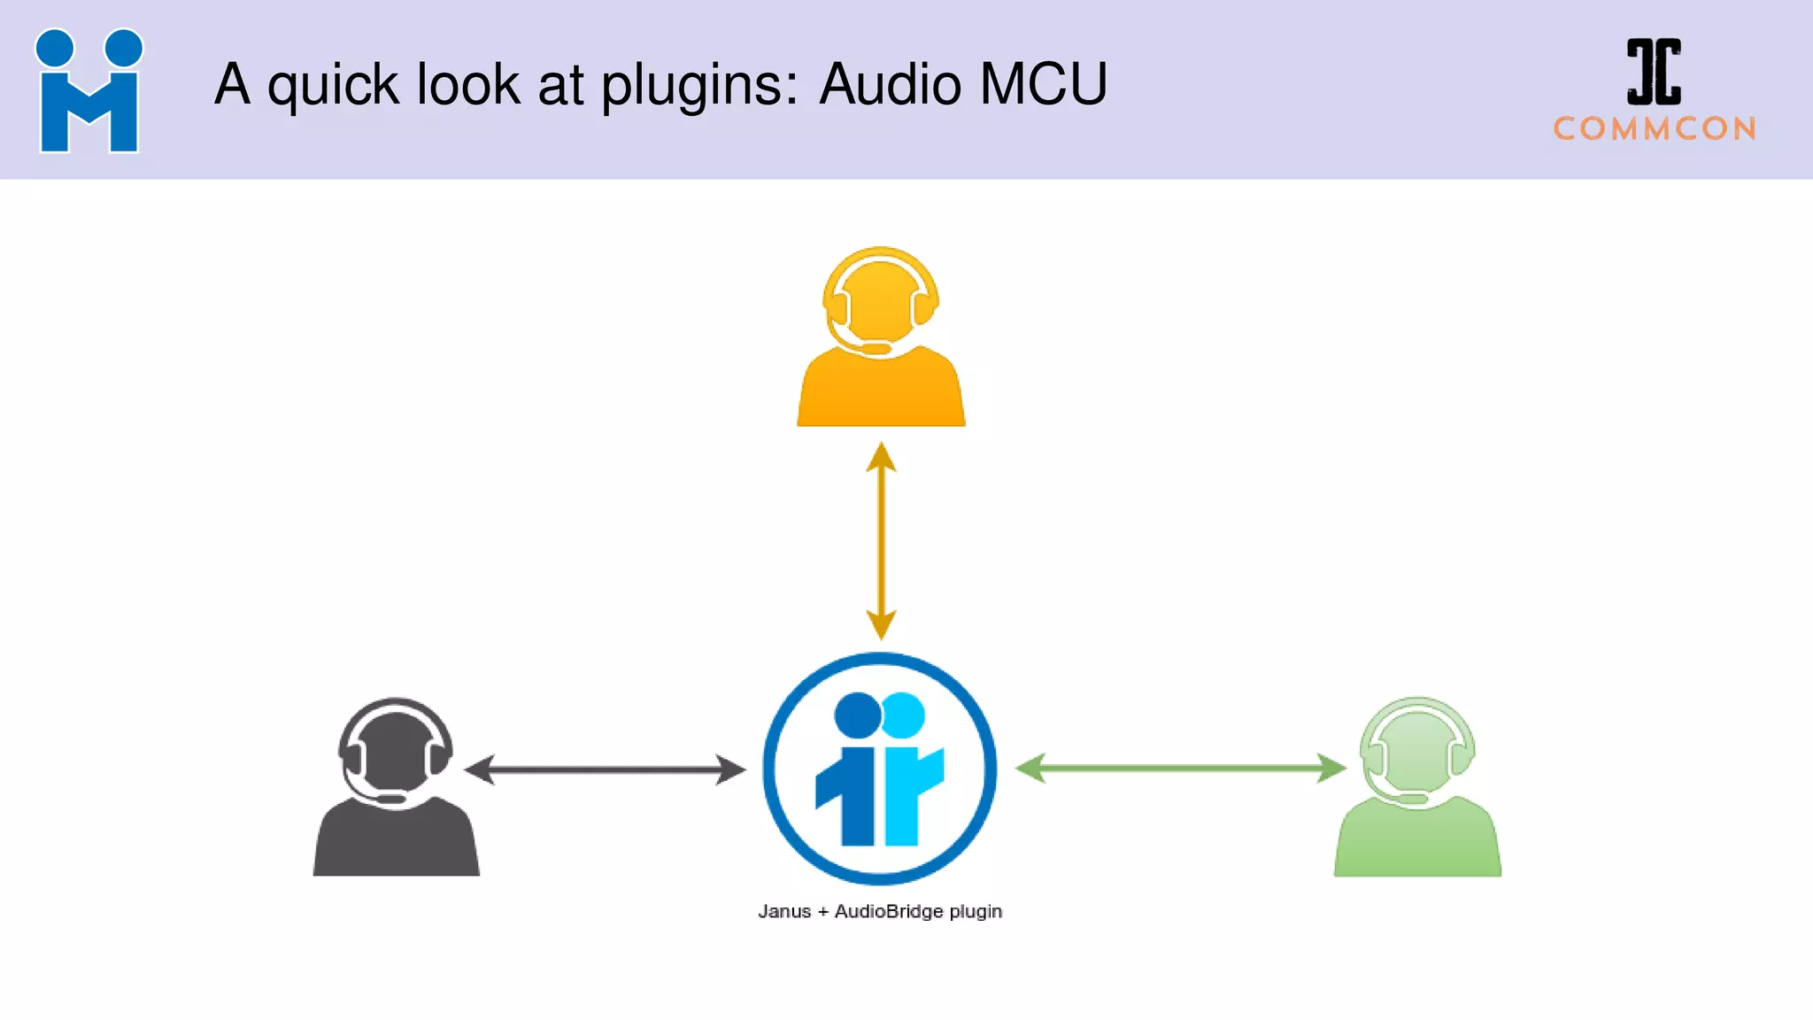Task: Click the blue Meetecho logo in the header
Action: click(89, 90)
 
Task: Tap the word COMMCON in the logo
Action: click(1655, 129)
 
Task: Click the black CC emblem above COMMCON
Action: click(1654, 72)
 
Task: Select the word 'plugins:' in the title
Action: click(700, 86)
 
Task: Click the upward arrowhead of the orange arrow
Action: click(881, 457)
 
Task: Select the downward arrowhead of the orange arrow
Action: click(881, 624)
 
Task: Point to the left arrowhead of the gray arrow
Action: click(479, 769)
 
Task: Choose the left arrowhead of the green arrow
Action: click(1030, 768)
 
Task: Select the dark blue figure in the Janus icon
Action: click(852, 770)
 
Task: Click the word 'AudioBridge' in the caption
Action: click(889, 912)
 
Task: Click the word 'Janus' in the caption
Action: click(784, 912)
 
